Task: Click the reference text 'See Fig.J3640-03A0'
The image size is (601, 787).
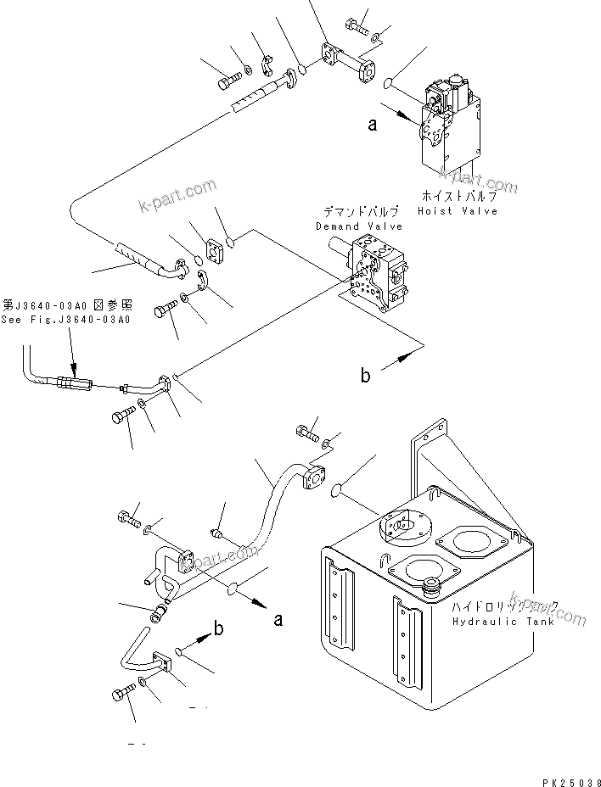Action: pyautogui.click(x=66, y=320)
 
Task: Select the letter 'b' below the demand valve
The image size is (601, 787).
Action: pyautogui.click(x=365, y=374)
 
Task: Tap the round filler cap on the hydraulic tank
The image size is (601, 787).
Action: pyautogui.click(x=433, y=584)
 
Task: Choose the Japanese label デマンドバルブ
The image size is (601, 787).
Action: pyautogui.click(x=359, y=212)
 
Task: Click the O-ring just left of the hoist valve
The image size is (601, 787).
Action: pyautogui.click(x=387, y=83)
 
